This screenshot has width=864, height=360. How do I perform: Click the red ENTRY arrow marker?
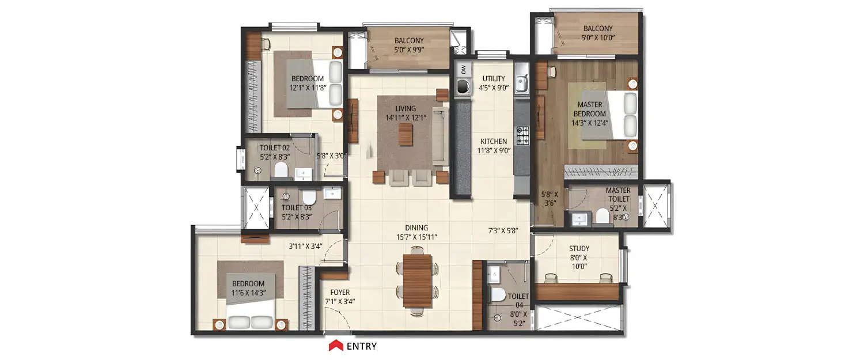[336, 346]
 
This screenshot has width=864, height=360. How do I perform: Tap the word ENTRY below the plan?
[362, 346]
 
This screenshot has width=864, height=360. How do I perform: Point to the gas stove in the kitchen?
[522, 135]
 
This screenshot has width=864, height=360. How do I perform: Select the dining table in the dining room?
[417, 281]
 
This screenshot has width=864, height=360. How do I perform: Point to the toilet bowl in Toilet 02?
[281, 169]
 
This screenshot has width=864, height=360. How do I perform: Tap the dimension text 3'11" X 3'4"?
[305, 247]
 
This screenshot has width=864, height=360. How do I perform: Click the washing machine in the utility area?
[462, 87]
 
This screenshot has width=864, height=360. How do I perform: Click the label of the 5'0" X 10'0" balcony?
[597, 33]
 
